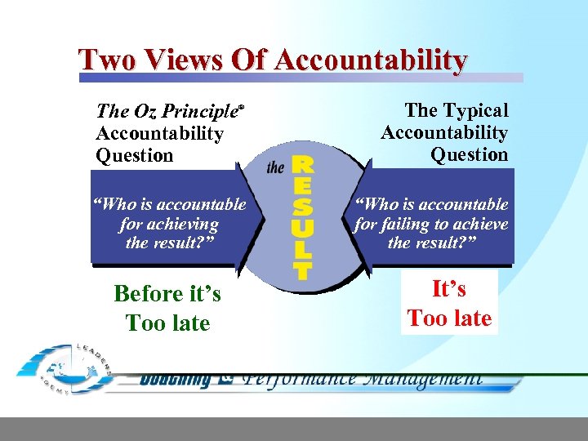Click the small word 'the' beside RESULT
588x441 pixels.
coord(276,167)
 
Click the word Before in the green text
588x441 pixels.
coord(148,293)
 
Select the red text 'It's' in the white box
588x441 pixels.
coord(449,288)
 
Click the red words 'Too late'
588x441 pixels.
coord(449,318)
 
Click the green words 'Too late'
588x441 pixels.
coord(168,323)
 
